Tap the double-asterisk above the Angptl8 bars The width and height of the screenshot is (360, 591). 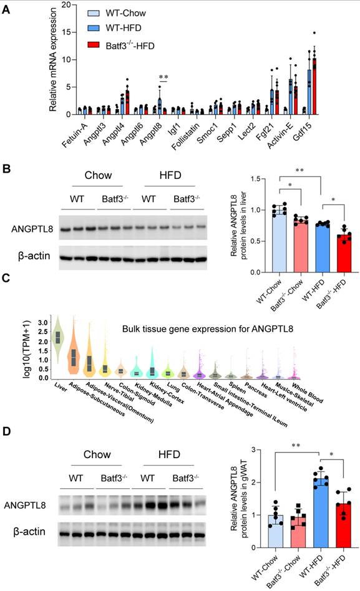coord(163,77)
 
